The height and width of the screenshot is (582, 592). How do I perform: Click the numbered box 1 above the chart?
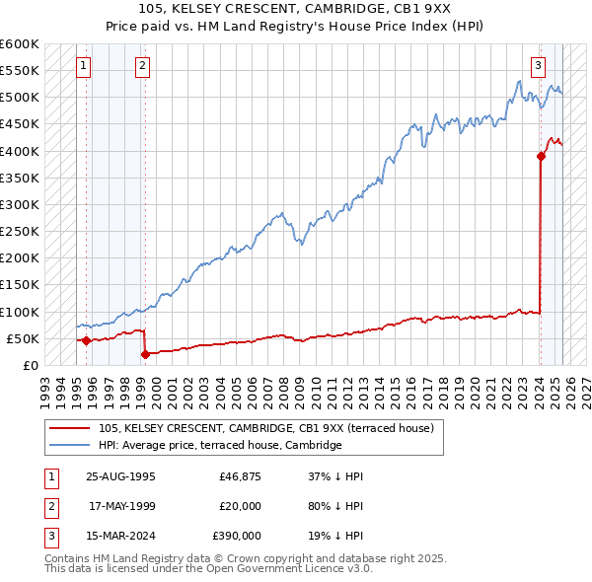click(x=83, y=66)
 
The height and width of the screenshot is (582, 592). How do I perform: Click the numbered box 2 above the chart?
click(x=143, y=66)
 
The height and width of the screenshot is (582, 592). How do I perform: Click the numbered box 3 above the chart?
click(x=538, y=66)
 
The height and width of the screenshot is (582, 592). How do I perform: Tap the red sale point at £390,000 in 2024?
click(x=541, y=156)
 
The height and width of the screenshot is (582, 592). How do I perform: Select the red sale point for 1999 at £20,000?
click(x=145, y=354)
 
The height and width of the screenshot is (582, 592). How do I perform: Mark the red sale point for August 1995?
click(x=86, y=340)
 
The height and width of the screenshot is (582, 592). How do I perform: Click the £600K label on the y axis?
click(x=19, y=44)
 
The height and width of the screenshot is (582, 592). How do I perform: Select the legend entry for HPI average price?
click(x=219, y=445)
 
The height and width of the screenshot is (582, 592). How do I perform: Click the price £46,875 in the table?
click(x=240, y=475)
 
